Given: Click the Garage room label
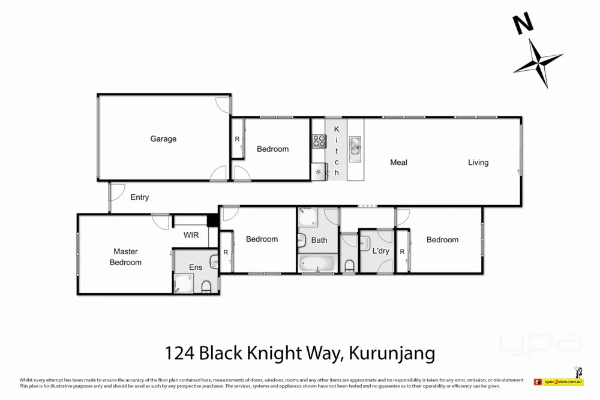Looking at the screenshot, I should point(163,139).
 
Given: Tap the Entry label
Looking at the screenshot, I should point(139,197).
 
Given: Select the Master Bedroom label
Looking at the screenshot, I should point(125,257).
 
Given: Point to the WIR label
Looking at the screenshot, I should point(191,235).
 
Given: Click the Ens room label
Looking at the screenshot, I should point(196,267).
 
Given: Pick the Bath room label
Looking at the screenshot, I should point(319,240).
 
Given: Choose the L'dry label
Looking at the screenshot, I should point(381,251).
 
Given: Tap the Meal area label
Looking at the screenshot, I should point(398,163).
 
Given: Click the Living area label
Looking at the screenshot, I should point(478,163).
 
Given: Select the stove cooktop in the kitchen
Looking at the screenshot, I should point(319,142).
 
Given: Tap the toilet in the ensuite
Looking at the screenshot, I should point(206,287).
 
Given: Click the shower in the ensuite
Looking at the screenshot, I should point(184,284).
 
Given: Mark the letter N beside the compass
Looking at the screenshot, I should point(523,24).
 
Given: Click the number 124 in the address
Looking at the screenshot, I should point(179,352).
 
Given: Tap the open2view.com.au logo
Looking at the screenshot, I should point(559,381).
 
